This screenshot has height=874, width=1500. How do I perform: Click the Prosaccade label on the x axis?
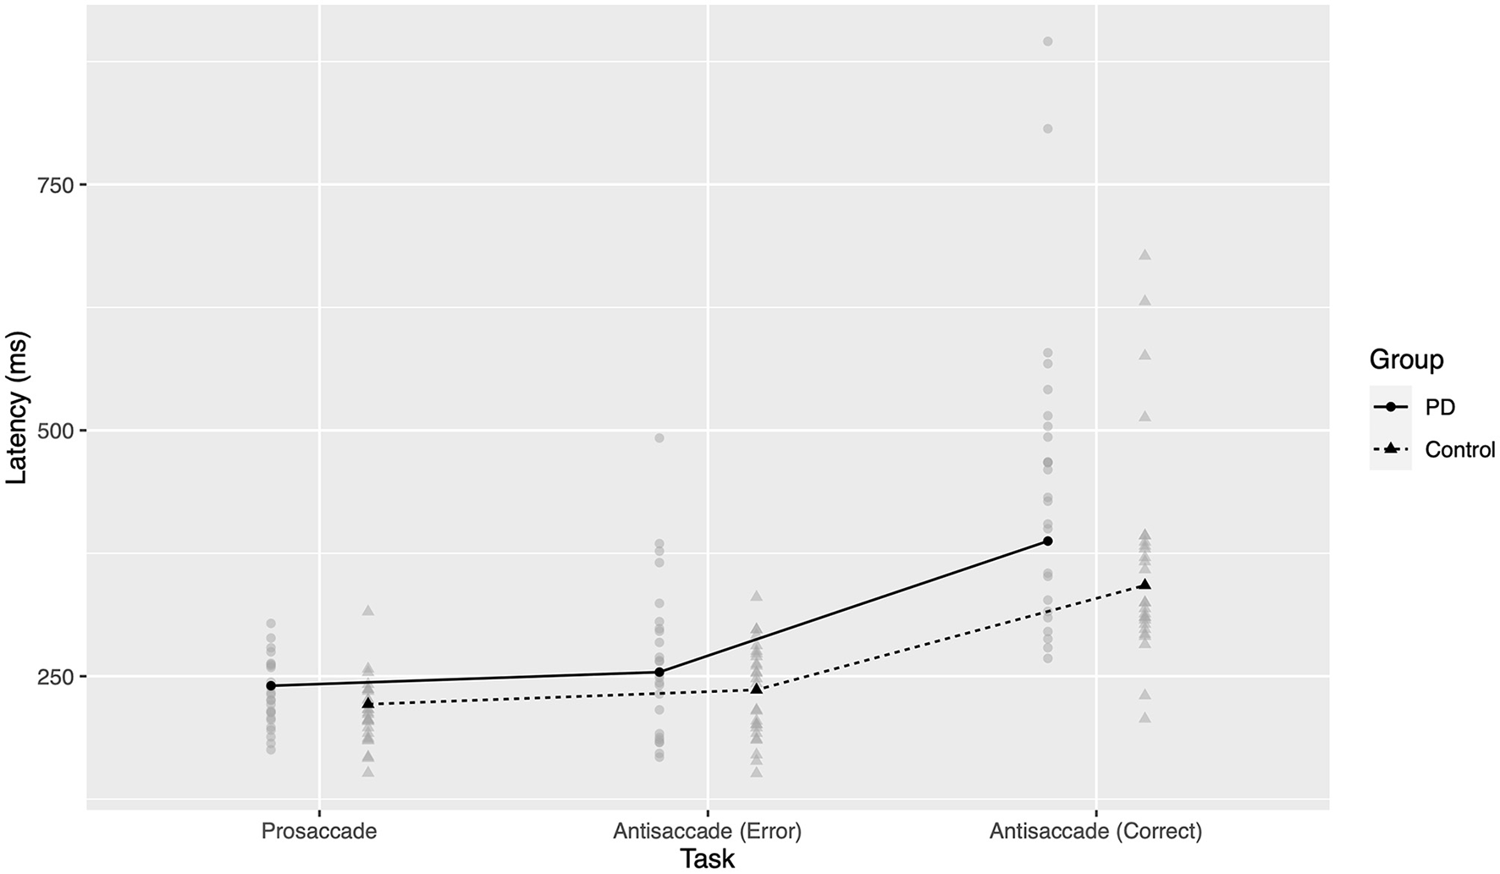(319, 831)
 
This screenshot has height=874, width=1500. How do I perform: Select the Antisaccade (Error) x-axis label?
(707, 831)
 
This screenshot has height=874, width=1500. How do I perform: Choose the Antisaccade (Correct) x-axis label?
(1095, 831)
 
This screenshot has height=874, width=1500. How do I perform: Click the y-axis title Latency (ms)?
(17, 407)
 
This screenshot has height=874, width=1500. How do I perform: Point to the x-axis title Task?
(708, 859)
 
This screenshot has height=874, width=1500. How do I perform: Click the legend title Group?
(1406, 360)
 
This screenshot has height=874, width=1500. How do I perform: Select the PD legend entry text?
(1440, 407)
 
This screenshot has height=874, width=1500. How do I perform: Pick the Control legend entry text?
(1460, 449)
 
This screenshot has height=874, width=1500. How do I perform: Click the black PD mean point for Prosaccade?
(271, 685)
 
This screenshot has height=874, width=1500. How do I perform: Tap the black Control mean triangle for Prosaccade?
(368, 703)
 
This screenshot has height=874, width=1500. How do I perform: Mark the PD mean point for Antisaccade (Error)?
(659, 672)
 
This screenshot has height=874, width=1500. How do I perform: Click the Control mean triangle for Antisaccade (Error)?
(756, 689)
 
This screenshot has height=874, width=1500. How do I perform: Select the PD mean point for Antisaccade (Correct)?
(1047, 541)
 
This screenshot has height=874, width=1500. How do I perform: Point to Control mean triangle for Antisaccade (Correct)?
(1144, 584)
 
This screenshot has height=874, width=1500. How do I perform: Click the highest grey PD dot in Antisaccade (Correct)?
(1047, 41)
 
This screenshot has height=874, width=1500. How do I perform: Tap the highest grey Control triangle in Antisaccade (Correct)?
(1144, 254)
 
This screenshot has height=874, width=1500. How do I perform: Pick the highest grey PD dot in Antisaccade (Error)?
(659, 437)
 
